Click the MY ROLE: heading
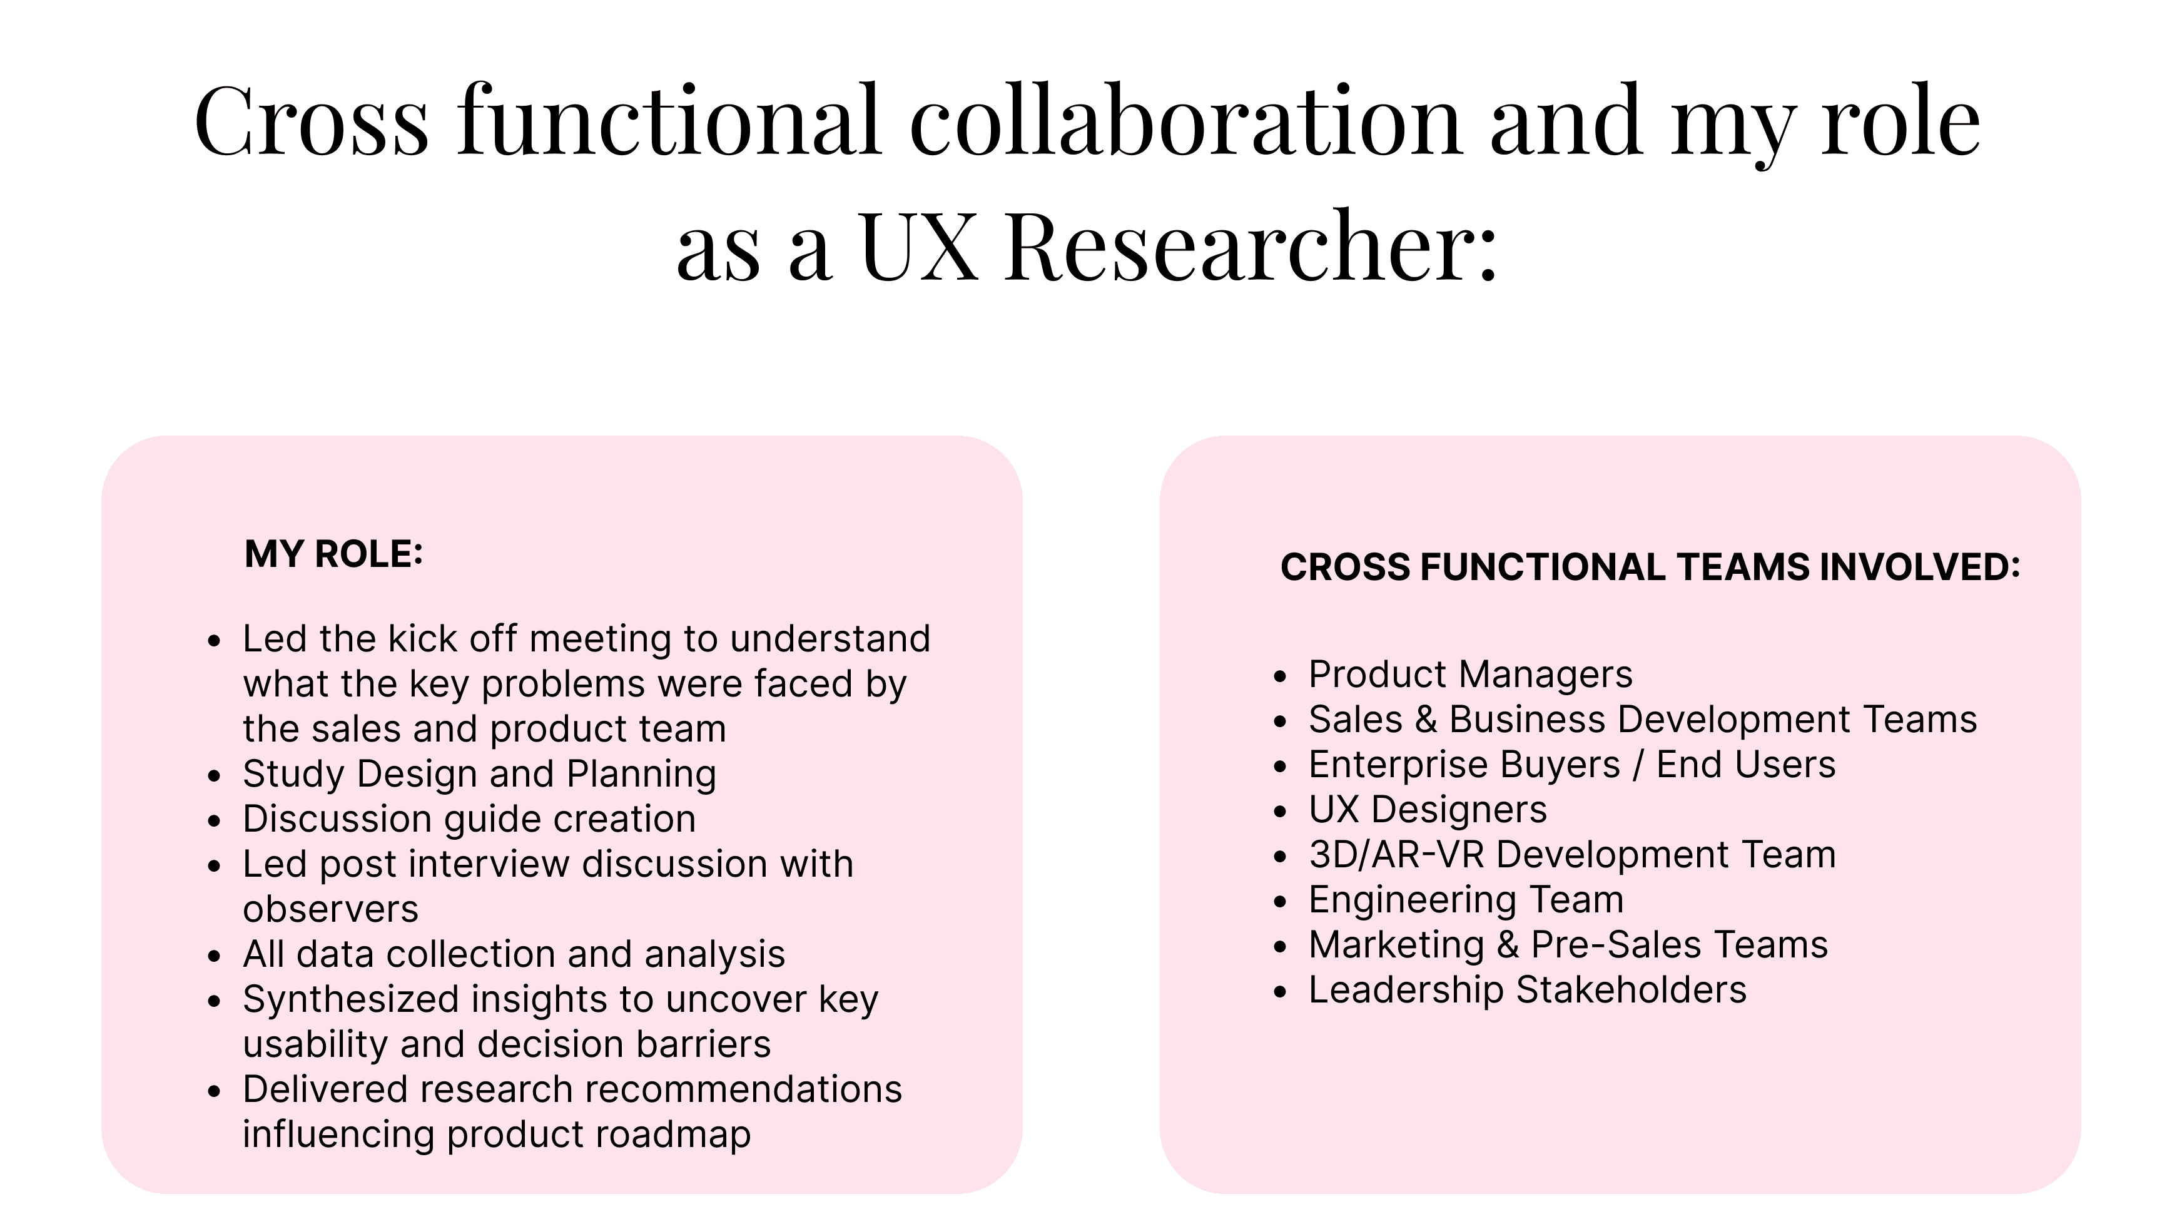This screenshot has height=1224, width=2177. tap(334, 554)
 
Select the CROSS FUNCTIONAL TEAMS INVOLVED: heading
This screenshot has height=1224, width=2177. tap(1650, 566)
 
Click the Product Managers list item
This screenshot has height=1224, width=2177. tap(1471, 675)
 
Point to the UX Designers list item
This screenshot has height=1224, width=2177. tap(1428, 810)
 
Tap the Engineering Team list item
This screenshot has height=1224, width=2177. tap(1466, 899)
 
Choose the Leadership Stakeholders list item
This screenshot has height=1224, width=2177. tap(1527, 990)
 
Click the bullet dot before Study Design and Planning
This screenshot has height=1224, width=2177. tap(215, 775)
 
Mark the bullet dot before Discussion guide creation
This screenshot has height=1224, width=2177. tap(215, 820)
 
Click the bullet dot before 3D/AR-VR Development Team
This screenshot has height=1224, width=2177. tap(1281, 856)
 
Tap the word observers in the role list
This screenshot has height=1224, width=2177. tap(330, 909)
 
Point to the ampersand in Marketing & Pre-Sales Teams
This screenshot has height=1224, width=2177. tap(1508, 945)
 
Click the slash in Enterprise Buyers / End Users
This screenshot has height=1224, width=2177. tap(1638, 765)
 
